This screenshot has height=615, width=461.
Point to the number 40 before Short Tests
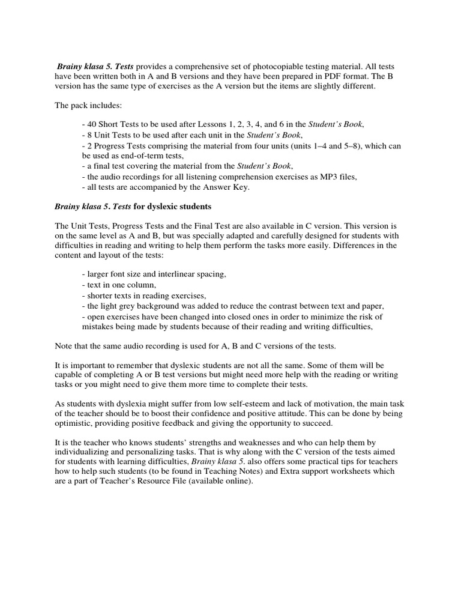click(x=91, y=124)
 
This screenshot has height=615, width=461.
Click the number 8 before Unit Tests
click(x=89, y=135)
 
